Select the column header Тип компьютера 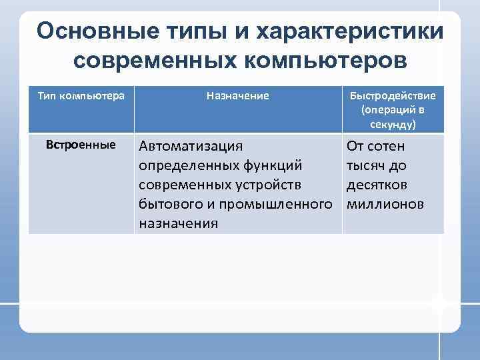[x=81, y=96]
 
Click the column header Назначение [x=238, y=96]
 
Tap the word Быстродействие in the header [x=393, y=96]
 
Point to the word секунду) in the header [x=393, y=124]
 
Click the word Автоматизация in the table [x=191, y=146]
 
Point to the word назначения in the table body [x=178, y=223]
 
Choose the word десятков [x=377, y=185]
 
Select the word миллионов [x=385, y=204]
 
